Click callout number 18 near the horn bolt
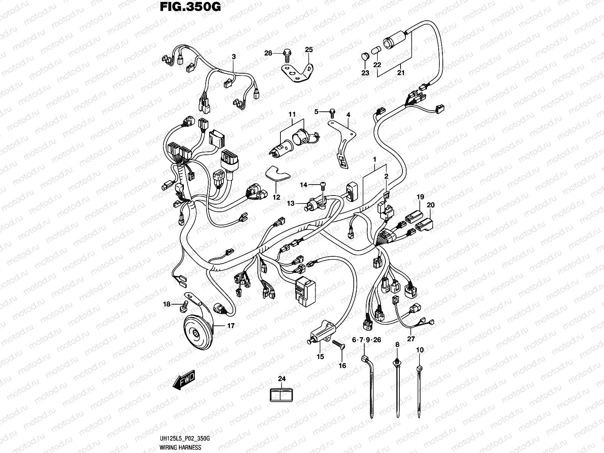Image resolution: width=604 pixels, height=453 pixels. (167, 304)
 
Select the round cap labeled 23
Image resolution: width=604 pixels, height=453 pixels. (364, 57)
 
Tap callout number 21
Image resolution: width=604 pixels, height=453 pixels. (401, 72)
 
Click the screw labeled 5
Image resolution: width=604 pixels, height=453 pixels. (332, 111)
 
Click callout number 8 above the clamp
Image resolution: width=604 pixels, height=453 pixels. (397, 344)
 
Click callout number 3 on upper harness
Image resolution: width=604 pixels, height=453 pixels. (234, 57)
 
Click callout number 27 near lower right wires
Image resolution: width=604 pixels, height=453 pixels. (411, 339)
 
